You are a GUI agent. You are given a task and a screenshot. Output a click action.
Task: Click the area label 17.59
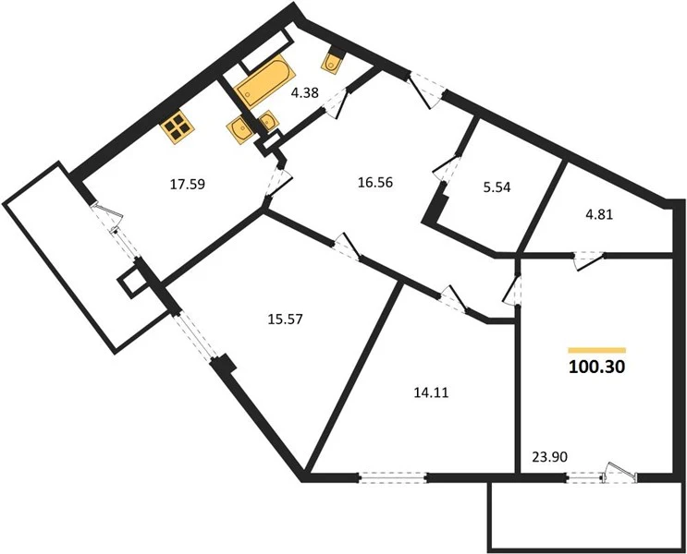click(188, 185)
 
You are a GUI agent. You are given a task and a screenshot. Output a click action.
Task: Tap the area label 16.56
click(375, 182)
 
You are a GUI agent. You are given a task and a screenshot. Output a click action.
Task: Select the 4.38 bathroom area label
click(304, 92)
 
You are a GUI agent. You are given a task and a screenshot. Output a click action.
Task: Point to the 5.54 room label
click(497, 187)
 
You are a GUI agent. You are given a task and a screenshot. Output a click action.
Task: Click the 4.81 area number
click(599, 214)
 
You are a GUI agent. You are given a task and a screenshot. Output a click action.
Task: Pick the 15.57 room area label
click(285, 319)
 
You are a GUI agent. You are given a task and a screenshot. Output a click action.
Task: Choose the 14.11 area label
click(432, 393)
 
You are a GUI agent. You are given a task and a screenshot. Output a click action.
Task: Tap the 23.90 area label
click(550, 457)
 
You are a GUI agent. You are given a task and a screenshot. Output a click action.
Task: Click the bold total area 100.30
click(596, 367)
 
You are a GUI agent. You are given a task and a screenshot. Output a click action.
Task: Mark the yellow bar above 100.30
click(596, 350)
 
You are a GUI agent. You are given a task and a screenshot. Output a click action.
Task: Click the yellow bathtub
click(263, 83)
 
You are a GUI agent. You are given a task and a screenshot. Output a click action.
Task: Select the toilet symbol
click(333, 60)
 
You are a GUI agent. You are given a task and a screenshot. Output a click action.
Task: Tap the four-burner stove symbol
click(178, 129)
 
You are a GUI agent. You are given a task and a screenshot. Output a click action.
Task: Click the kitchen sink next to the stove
click(239, 128)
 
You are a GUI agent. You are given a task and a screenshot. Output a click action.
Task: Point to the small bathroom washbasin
click(268, 121)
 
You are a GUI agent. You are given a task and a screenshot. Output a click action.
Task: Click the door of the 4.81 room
click(589, 261)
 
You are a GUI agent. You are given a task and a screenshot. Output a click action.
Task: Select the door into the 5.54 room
click(447, 168)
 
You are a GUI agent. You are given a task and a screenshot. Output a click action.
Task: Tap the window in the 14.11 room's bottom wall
click(393, 477)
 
